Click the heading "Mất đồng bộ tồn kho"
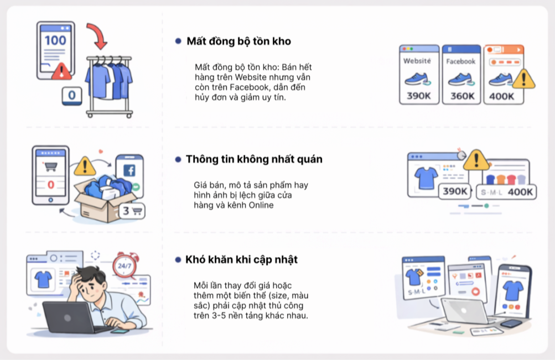pyautogui.click(x=239, y=41)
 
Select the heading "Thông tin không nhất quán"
pyautogui.click(x=254, y=159)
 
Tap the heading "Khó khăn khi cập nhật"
pyautogui.click(x=241, y=259)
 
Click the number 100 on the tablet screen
pyautogui.click(x=55, y=40)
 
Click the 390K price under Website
pyautogui.click(x=419, y=96)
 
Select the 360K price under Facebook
pyautogui.click(x=462, y=96)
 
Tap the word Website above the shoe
pyautogui.click(x=417, y=61)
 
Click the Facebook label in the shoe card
pyautogui.click(x=460, y=61)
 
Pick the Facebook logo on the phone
pyautogui.click(x=129, y=170)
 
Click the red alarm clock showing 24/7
pyautogui.click(x=125, y=265)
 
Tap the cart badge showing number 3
pyautogui.click(x=132, y=211)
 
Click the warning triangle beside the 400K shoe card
pyautogui.click(x=523, y=79)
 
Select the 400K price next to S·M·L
pyautogui.click(x=520, y=192)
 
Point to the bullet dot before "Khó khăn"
pyautogui.click(x=178, y=260)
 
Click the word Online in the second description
pyautogui.click(x=261, y=205)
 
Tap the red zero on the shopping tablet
pyautogui.click(x=51, y=185)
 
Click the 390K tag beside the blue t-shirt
pyautogui.click(x=455, y=191)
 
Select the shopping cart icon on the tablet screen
pyautogui.click(x=50, y=166)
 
